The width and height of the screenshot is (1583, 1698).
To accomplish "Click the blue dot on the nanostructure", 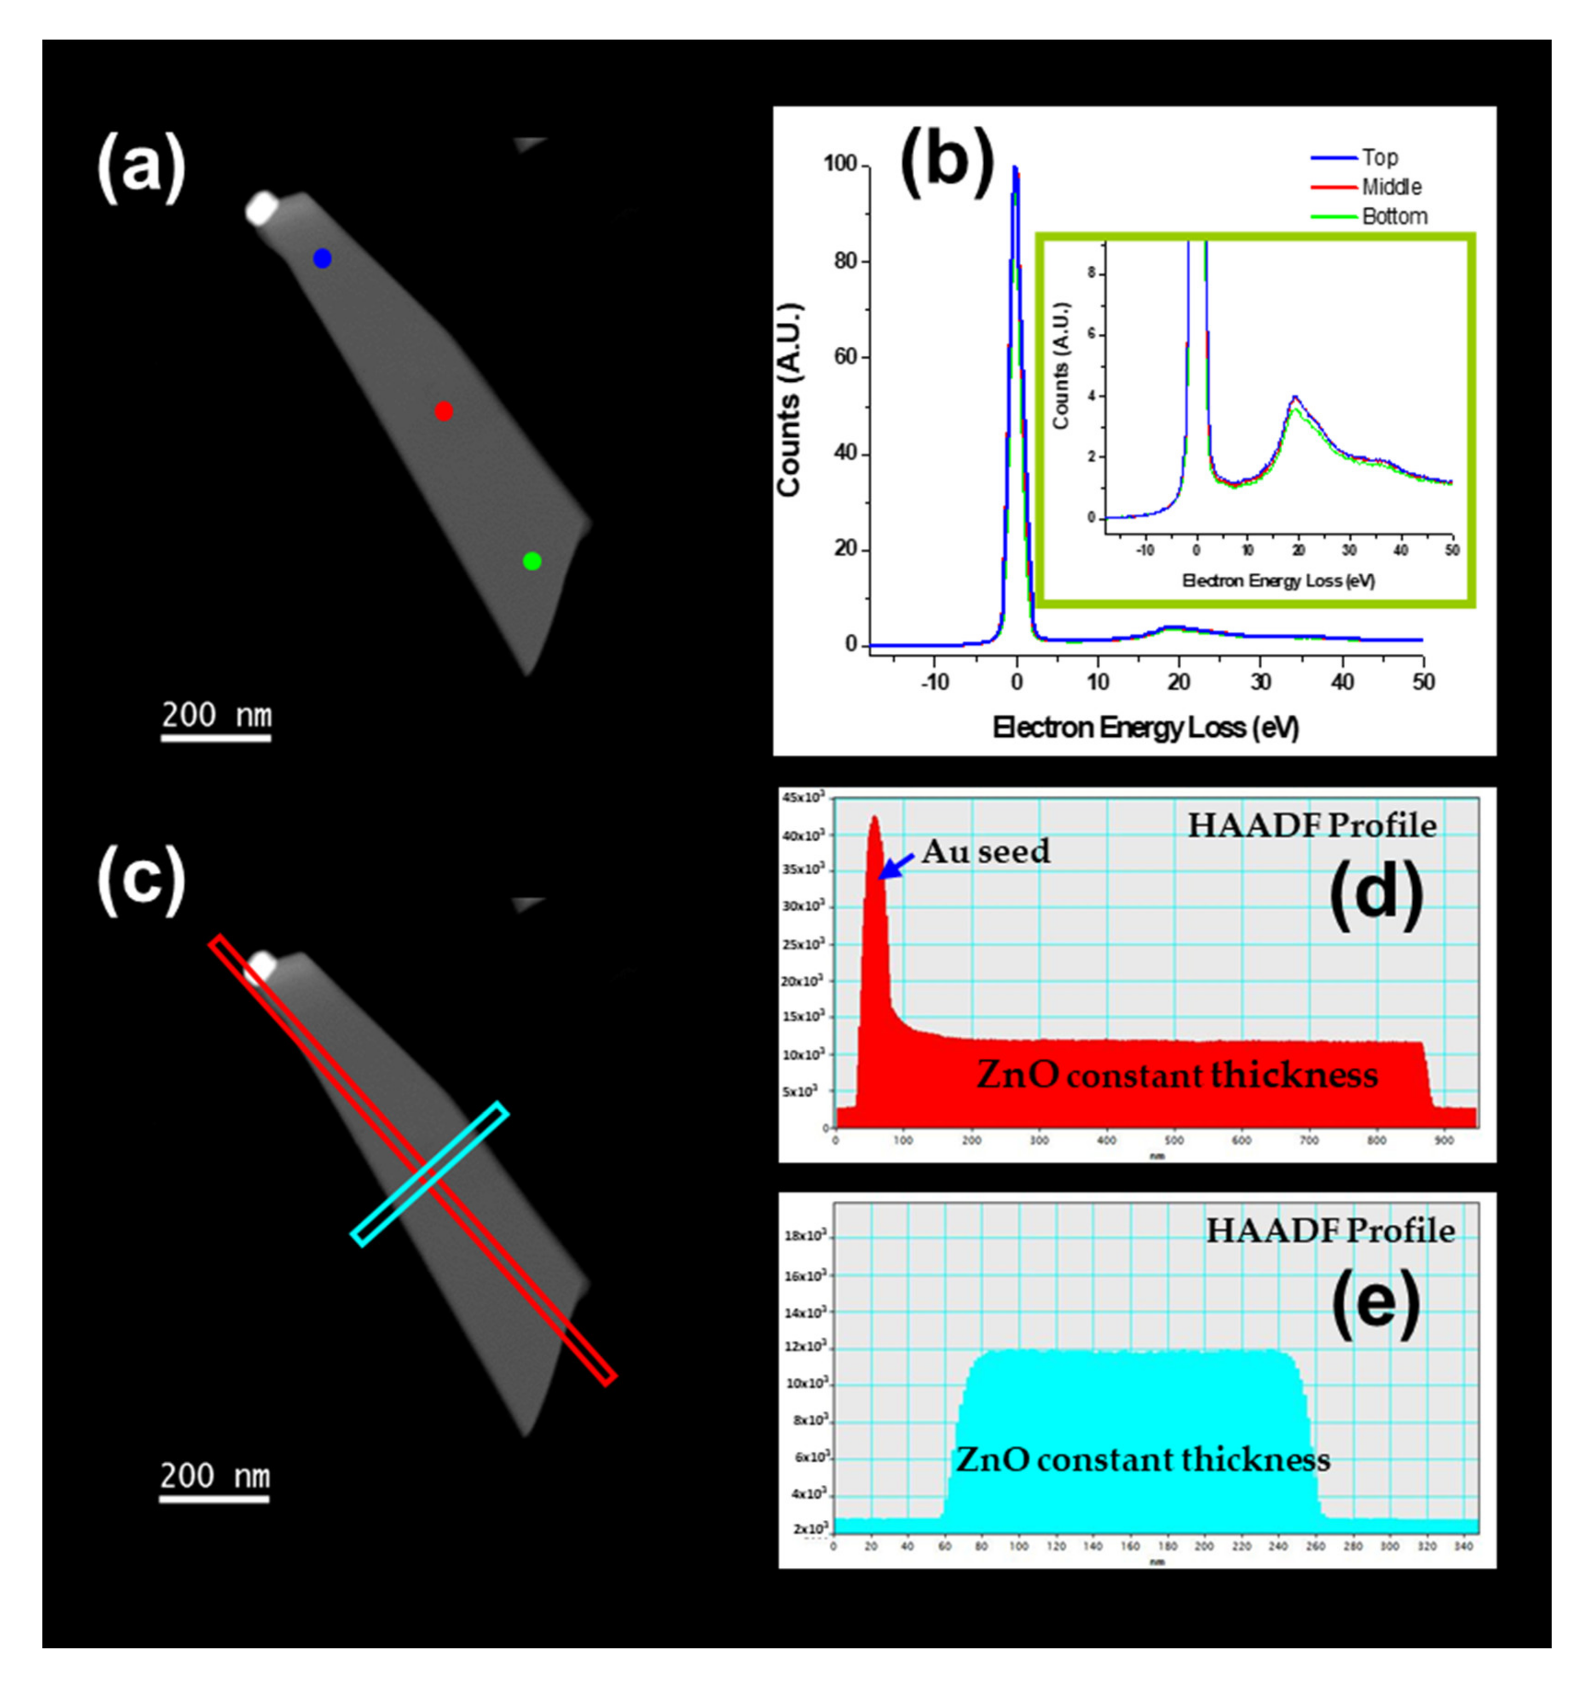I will click(x=322, y=258).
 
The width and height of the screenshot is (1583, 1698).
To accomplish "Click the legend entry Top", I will click(x=1380, y=158).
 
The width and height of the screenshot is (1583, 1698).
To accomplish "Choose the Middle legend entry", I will click(x=1392, y=187).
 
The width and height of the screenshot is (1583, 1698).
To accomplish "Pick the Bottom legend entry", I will click(x=1394, y=217).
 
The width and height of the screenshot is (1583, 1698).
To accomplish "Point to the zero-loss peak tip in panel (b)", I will click(x=1015, y=168).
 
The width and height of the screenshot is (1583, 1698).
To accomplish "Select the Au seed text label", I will click(x=986, y=852).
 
